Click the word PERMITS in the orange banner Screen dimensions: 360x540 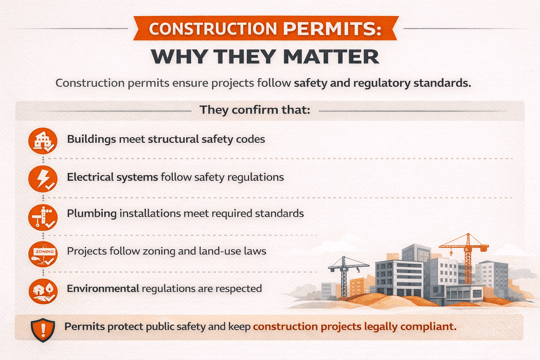coord(332,29)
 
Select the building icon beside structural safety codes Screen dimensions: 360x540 coord(43,141)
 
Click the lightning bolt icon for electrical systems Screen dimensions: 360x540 coord(43,179)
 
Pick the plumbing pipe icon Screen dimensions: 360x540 coord(43,217)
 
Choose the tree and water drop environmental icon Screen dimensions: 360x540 coord(43,291)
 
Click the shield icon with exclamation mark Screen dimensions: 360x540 coord(43,330)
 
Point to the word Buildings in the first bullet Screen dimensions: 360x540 coord(91,139)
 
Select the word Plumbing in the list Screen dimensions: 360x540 coord(92,214)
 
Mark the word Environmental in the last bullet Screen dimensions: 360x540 coord(103,289)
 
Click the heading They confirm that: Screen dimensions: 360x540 coord(255,110)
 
